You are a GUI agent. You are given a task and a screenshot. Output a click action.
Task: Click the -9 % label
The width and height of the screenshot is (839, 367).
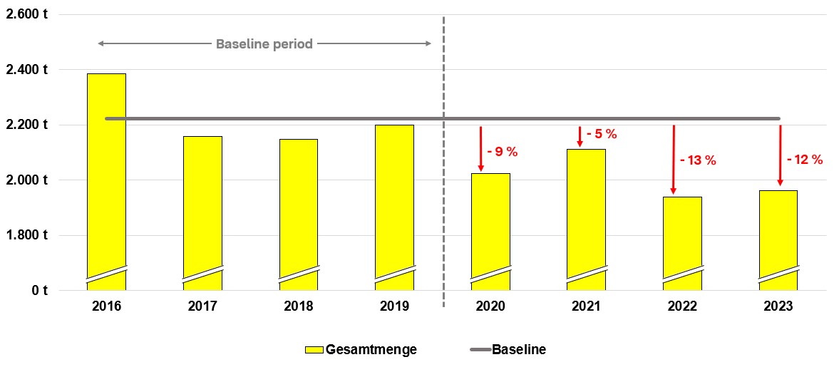coord(502,151)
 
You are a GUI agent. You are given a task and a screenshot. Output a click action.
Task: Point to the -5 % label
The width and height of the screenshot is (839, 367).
coord(601,134)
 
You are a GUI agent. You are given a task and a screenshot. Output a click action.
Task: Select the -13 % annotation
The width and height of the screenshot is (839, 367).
coord(698,160)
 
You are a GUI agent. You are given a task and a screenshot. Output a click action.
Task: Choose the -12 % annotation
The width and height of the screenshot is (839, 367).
coord(805,160)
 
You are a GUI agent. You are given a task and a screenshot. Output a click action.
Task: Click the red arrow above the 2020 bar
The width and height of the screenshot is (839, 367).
coord(481,149)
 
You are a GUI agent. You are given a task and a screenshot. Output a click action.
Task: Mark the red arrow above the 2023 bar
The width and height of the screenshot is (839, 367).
coord(779,157)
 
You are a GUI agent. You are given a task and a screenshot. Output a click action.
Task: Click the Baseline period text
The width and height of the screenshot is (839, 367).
coord(264,44)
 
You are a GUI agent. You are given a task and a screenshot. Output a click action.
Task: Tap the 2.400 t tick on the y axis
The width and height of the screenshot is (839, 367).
coord(27,70)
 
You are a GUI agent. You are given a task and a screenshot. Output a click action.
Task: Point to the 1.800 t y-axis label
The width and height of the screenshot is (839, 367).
coord(27,235)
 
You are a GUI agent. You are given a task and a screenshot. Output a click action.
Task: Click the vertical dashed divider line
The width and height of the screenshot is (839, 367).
coord(443,214)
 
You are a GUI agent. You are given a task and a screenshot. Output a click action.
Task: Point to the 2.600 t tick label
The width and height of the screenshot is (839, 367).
coord(27,14)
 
